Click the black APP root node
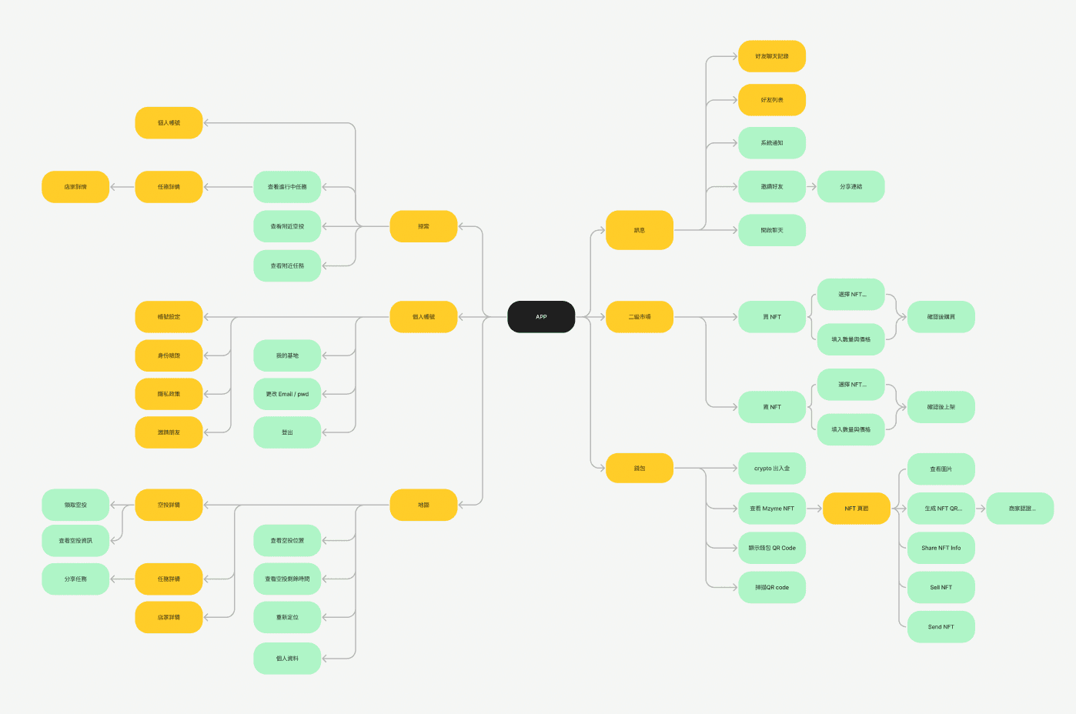click(541, 317)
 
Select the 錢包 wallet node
click(640, 469)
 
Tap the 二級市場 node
click(640, 317)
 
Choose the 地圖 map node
click(423, 505)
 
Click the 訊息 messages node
click(640, 230)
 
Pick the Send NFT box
click(941, 627)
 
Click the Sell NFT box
click(941, 588)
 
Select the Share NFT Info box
click(941, 548)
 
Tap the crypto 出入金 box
click(772, 469)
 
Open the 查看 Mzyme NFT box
click(772, 509)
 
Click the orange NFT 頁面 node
click(856, 509)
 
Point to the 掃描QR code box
click(772, 588)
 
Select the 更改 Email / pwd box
click(287, 394)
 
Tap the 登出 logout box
click(287, 432)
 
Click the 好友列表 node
click(772, 100)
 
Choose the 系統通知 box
click(772, 143)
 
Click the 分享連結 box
click(850, 187)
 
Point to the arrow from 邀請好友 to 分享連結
click(811, 187)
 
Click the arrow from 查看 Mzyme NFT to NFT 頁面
click(814, 509)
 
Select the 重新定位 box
click(287, 617)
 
